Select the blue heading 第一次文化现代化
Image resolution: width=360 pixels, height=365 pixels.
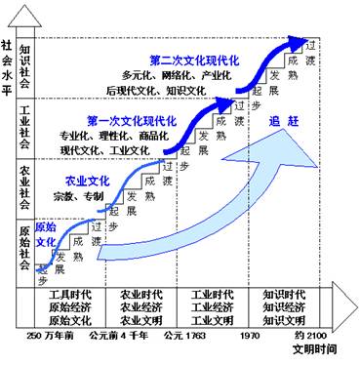tap(133, 120)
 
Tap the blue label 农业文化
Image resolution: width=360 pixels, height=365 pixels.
tap(87, 181)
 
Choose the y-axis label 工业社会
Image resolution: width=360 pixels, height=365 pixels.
tap(26, 126)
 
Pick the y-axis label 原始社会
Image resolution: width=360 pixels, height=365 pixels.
tap(26, 249)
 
